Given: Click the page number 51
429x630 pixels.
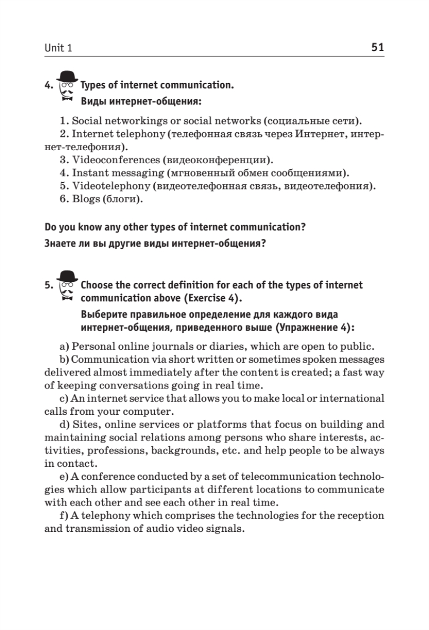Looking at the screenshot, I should click(x=378, y=47).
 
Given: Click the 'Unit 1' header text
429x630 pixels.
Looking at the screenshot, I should click(x=58, y=48).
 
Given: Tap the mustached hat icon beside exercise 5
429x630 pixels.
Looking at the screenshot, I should click(x=67, y=286).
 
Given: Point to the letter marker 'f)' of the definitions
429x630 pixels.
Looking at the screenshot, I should click(x=63, y=516).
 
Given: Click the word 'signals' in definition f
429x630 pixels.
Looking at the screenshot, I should click(x=226, y=529).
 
